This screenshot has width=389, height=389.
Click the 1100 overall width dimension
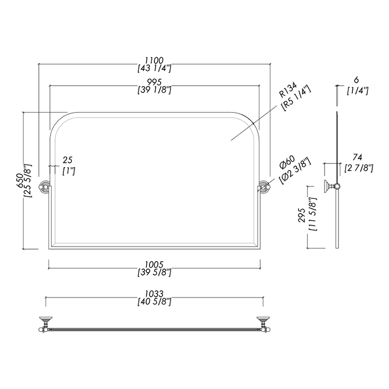154,60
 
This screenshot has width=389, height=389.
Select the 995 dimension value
154,82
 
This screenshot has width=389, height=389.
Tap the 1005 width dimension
154,265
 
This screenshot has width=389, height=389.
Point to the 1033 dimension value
154,294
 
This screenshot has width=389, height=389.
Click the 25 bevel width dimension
67,160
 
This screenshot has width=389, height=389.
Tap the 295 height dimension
303,215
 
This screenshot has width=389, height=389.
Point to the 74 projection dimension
357,157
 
